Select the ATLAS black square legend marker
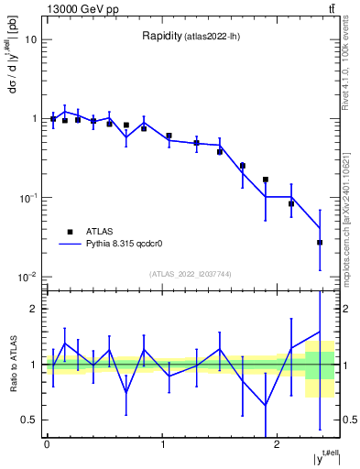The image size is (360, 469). tap(69, 232)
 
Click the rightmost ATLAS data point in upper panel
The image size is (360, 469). tap(320, 243)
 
